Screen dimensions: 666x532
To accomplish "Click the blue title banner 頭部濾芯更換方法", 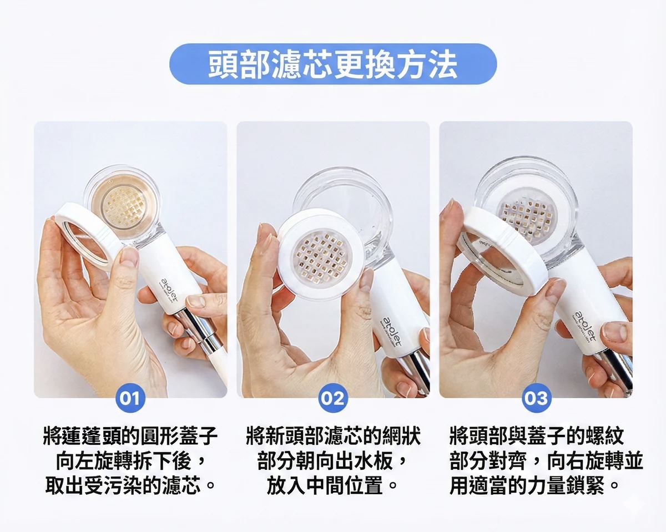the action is (333, 64).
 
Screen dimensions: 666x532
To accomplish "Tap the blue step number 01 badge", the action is (130, 398).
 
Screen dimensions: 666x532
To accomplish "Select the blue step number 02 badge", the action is (332, 398).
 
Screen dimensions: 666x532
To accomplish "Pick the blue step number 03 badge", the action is (536, 398).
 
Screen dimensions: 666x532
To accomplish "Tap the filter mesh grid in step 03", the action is (527, 215).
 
